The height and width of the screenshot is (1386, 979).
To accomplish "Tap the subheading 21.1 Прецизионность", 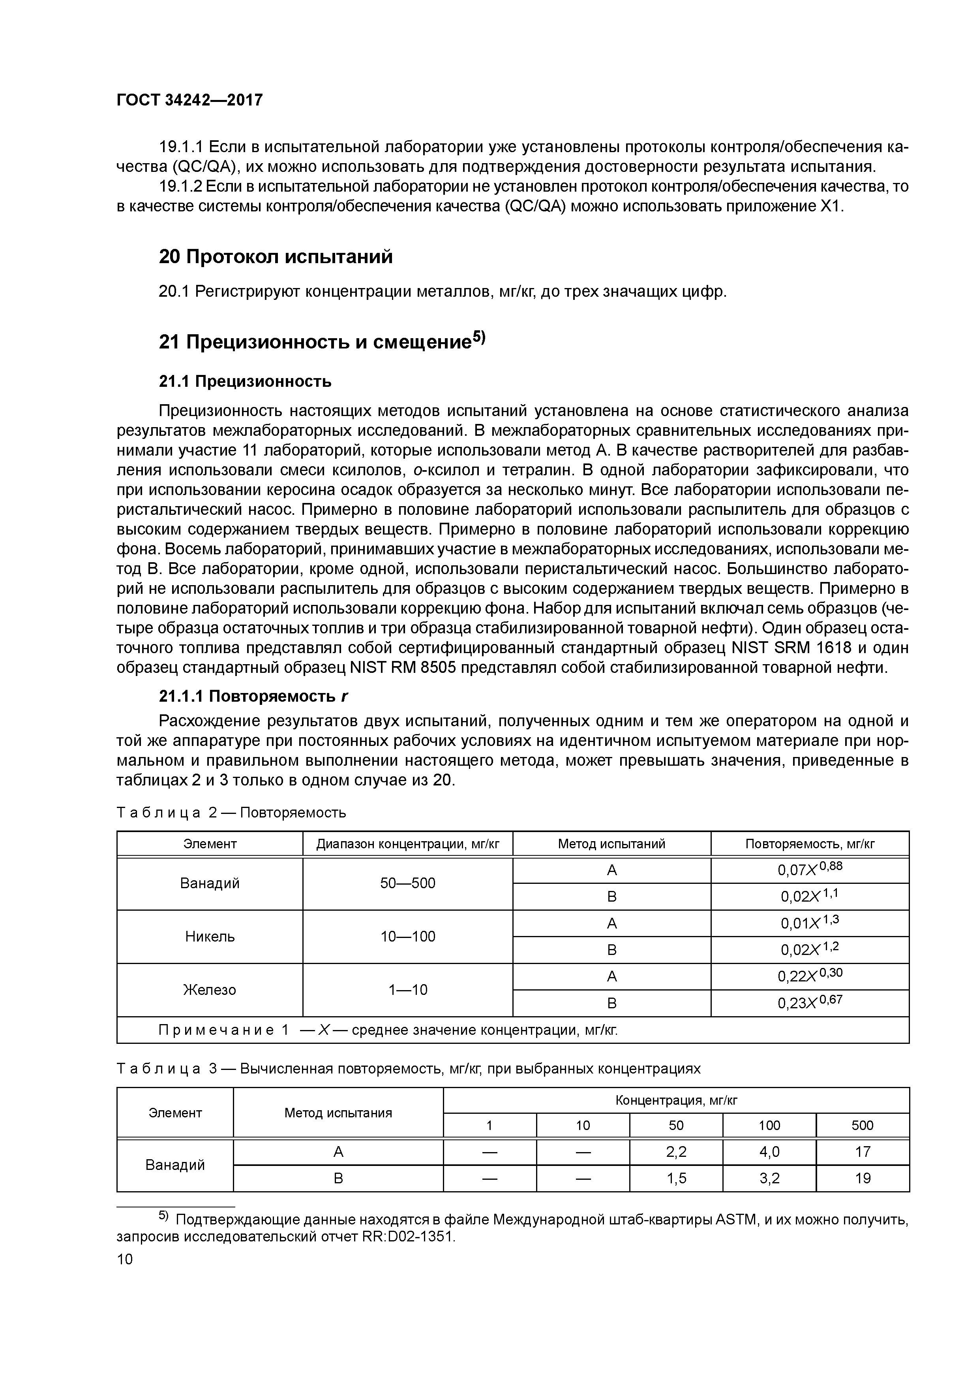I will pyautogui.click(x=245, y=382).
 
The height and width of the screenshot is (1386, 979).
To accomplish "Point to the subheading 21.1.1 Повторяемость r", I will pyautogui.click(x=253, y=697).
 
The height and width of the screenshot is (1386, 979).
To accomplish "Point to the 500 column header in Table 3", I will pyautogui.click(x=862, y=1125).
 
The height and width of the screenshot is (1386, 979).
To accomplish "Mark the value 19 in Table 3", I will pyautogui.click(x=862, y=1178).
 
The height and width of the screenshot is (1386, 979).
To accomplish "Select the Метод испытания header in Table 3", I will pyautogui.click(x=338, y=1113).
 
